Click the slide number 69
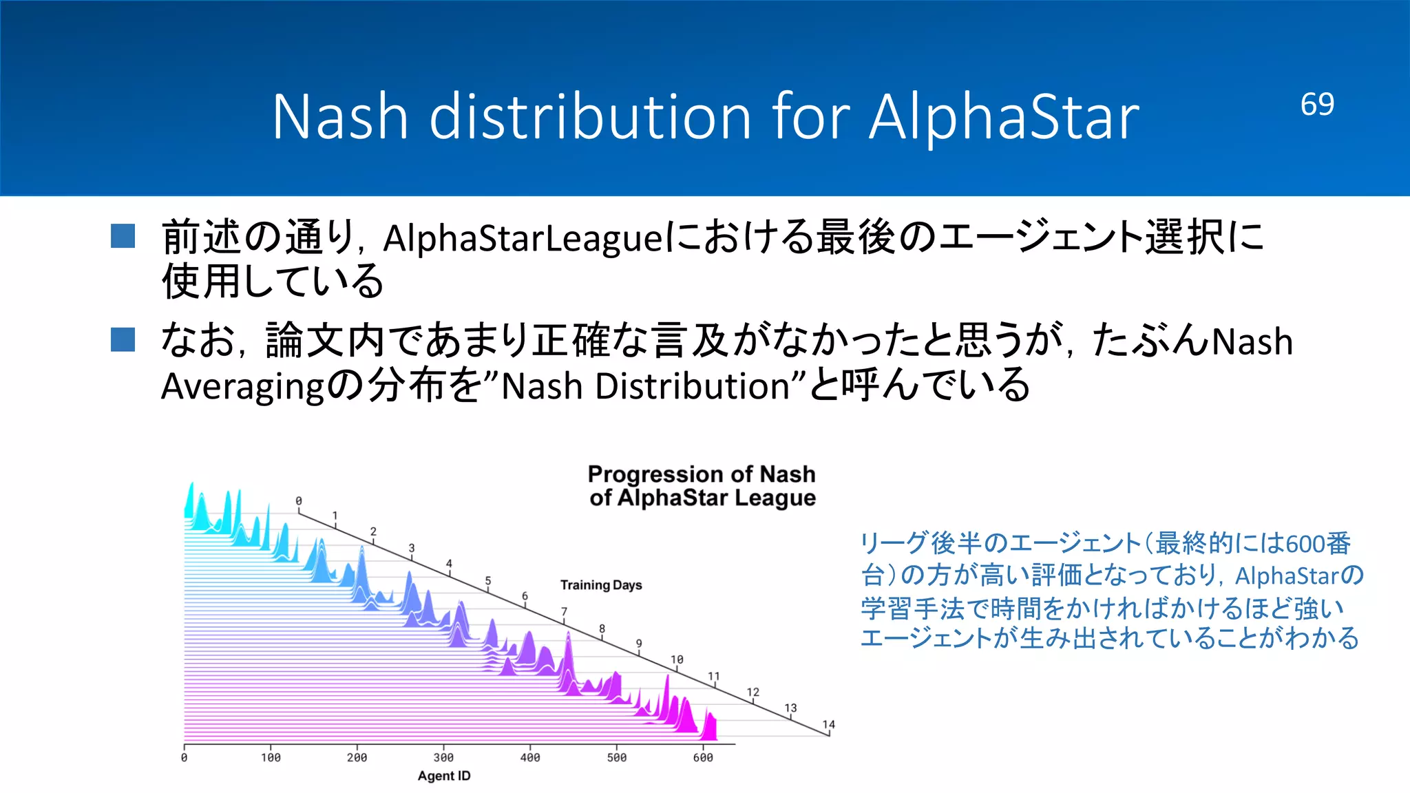point(1316,105)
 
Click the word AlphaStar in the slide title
point(1004,117)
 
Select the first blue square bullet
point(123,236)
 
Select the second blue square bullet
point(123,339)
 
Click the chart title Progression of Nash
point(701,474)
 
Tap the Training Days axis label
point(600,585)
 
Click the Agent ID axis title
point(444,776)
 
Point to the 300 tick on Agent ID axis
point(443,757)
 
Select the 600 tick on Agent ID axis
point(703,757)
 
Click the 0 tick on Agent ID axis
point(184,757)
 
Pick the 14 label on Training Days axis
point(828,724)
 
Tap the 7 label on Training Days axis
point(564,611)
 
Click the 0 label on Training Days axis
point(298,500)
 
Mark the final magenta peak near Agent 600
point(709,726)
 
